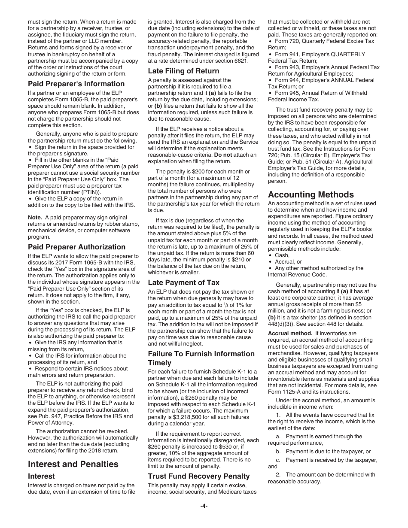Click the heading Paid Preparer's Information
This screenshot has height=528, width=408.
coord(76,84)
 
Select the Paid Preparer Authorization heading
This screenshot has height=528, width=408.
coord(76,247)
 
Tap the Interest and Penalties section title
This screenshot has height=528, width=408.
coord(73,464)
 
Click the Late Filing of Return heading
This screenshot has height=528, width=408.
coord(183,71)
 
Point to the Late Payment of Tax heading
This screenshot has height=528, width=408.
coord(183,282)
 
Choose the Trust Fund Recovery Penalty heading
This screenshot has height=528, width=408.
coord(198,476)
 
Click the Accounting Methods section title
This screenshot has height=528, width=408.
coord(311,194)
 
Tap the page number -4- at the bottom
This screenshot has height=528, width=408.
coord(204,506)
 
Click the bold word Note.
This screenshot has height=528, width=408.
coord(35,217)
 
